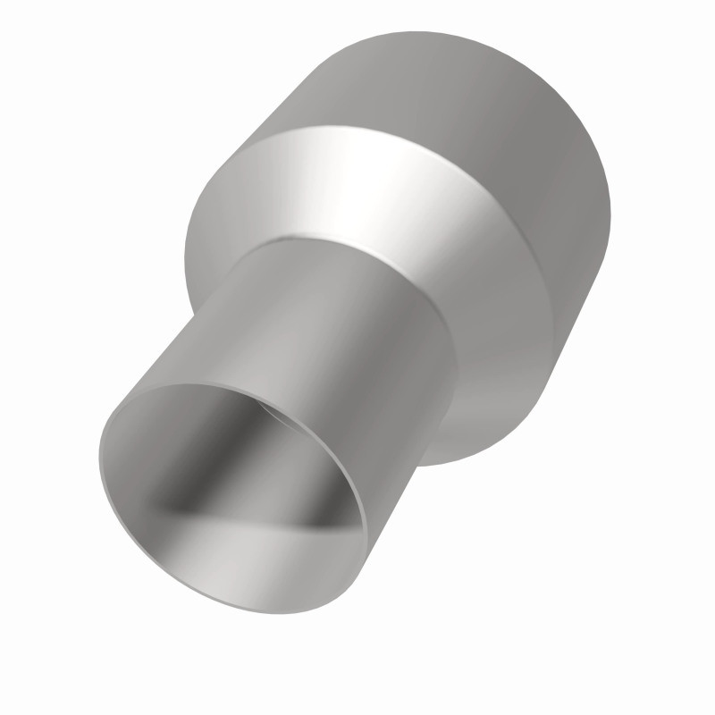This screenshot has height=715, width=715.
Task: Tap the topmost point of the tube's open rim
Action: [214, 385]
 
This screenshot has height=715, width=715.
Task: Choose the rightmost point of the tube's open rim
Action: [366, 527]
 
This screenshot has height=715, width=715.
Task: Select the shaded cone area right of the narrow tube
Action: [500, 357]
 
